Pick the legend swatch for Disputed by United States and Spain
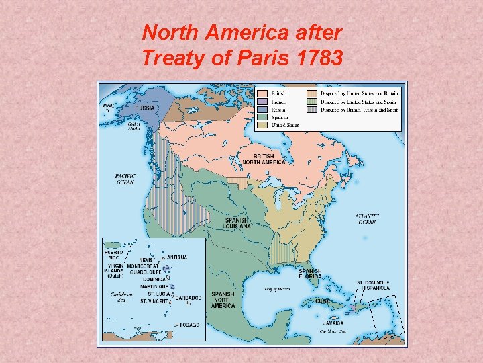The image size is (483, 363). (x=312, y=101)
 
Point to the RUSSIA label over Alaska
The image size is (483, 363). (x=145, y=108)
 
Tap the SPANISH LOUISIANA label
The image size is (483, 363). (x=237, y=223)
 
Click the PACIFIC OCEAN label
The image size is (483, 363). (x=125, y=179)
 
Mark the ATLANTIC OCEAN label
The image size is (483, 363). (x=367, y=219)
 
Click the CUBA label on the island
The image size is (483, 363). (x=323, y=301)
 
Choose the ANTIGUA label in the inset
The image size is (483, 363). (x=177, y=257)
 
